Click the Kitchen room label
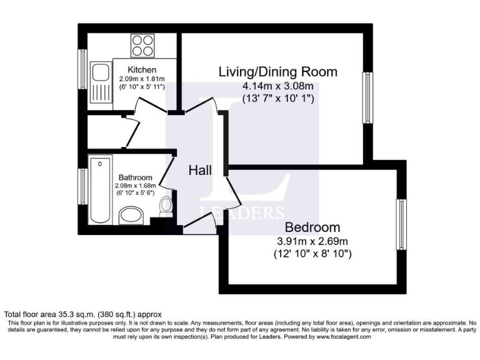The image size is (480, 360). pos(142,69)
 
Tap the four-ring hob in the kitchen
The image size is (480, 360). pos(142,45)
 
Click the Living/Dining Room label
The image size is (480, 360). pos(277,72)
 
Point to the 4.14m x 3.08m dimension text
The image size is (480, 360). pos(277,86)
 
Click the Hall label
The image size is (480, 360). pos(200,170)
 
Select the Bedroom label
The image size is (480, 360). pos(312,227)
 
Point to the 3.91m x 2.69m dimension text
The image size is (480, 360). pos(312,241)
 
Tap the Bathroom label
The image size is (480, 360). pos(135,177)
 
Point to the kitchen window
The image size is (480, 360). pos(81,69)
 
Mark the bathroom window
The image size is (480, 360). pos(81,186)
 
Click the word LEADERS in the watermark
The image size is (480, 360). pos(242,212)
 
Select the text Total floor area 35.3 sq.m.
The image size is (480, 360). pos(50,314)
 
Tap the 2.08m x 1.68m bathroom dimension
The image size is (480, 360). pos(135,186)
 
